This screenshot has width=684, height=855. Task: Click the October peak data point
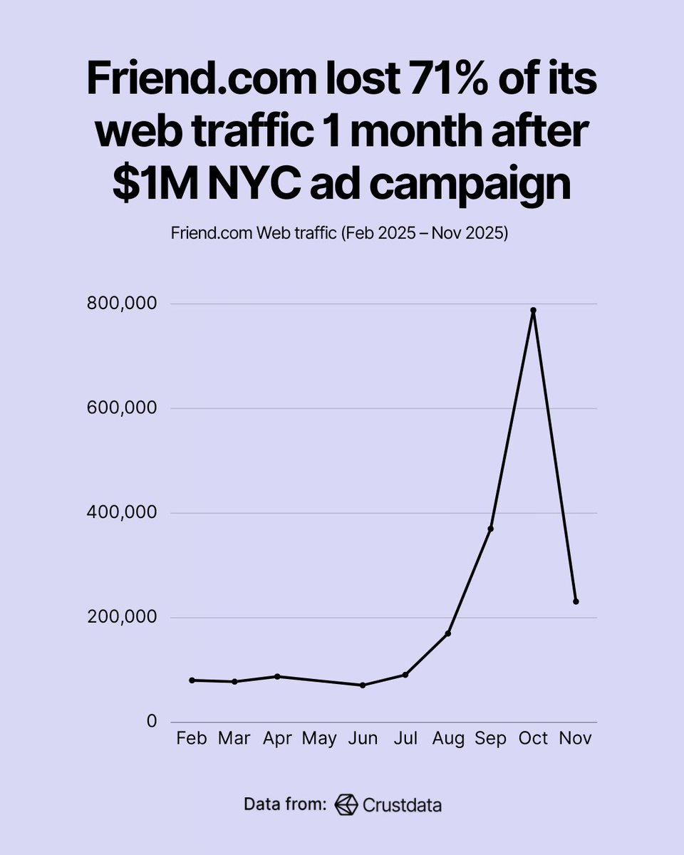tap(533, 311)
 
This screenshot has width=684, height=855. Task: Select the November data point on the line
tap(576, 601)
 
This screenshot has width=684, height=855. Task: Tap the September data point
tap(490, 528)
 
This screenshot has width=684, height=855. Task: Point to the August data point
tap(447, 633)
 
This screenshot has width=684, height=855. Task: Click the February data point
tap(192, 680)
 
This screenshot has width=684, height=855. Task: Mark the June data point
tap(363, 685)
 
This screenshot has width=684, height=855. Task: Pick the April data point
tap(277, 676)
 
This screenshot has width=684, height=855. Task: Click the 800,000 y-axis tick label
tap(123, 304)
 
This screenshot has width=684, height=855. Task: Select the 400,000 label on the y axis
tap(123, 513)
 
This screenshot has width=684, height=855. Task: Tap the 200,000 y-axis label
tap(123, 618)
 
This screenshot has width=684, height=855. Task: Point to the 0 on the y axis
tap(151, 722)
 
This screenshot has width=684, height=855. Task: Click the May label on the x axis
tap(319, 739)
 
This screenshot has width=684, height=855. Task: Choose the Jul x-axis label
tap(405, 739)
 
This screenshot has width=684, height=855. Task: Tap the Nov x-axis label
tap(576, 739)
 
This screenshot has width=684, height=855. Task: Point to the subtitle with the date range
tap(339, 234)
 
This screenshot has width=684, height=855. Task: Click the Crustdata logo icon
tap(346, 804)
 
